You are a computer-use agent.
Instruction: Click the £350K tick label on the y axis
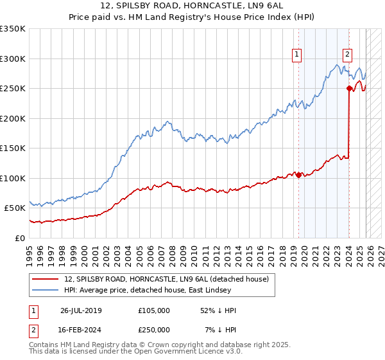13,29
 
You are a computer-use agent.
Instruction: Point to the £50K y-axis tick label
15,208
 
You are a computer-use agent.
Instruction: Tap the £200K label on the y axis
13,118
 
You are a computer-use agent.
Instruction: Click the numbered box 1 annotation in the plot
298,55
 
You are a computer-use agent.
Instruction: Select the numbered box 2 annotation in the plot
347,55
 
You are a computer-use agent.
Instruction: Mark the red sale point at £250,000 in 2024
349,89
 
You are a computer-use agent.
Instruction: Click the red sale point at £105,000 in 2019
298,175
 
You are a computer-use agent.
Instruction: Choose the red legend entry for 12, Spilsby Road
169,278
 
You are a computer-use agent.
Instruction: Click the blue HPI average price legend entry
169,291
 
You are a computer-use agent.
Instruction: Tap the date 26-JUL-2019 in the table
81,310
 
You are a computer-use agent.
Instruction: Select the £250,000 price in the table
154,329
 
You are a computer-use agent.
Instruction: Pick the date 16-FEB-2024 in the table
81,329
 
